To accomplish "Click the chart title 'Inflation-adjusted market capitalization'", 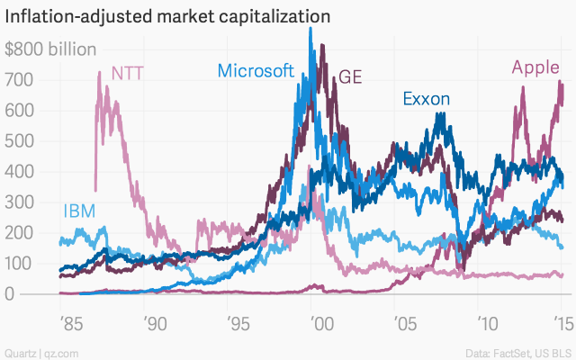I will pos(167,17).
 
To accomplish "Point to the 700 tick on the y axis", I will pos(21,80).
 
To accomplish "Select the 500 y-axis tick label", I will pos(21,141).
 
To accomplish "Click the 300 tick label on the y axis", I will pos(21,202).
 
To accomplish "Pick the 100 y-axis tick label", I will pos(21,264).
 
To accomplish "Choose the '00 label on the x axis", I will pos(312,321).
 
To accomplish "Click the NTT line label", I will pos(128,73).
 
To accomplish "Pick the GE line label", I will pos(350,76).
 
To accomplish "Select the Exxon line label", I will pos(427,99).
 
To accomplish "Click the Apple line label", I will pos(535,66).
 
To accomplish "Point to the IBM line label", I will pos(79,211).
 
